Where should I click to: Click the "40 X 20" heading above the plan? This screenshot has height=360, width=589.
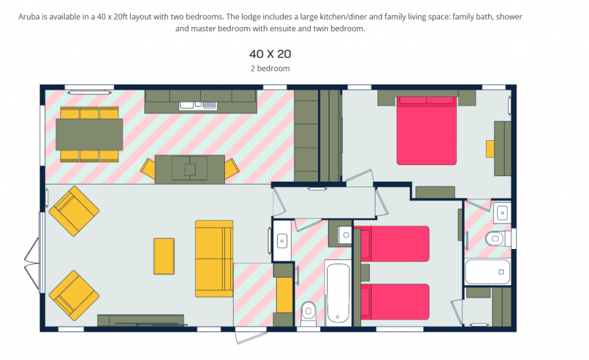(x=270, y=54)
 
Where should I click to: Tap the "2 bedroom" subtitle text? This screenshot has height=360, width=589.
(x=270, y=68)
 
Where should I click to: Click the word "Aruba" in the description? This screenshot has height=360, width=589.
(x=29, y=17)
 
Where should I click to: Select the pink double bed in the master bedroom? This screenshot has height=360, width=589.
(x=426, y=131)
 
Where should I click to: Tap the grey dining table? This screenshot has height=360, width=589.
(x=89, y=134)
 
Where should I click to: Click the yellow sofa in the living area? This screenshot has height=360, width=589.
(x=214, y=259)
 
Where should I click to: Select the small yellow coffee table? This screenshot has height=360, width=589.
(x=164, y=256)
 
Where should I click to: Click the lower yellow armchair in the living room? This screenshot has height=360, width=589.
(x=74, y=296)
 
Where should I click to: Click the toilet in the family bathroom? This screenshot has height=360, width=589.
(x=309, y=312)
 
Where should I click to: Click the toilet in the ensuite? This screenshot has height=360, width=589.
(x=496, y=238)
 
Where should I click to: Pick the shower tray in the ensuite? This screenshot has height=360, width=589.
(x=487, y=271)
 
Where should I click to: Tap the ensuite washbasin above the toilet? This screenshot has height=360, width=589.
(x=502, y=212)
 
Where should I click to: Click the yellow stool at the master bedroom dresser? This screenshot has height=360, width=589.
(x=489, y=148)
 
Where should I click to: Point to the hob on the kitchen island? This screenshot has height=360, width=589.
(x=189, y=169)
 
